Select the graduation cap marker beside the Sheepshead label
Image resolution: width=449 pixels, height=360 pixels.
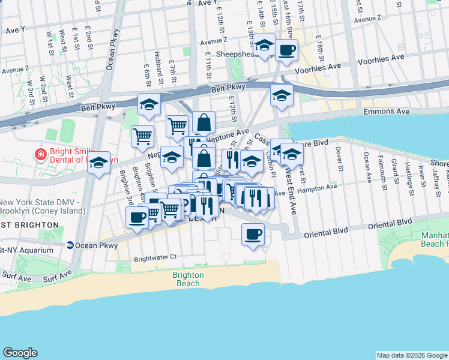pyautogui.click(x=264, y=44)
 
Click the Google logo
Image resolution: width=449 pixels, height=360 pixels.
pyautogui.click(x=20, y=353)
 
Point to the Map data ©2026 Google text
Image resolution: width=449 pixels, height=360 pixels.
pyautogui.click(x=412, y=355)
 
